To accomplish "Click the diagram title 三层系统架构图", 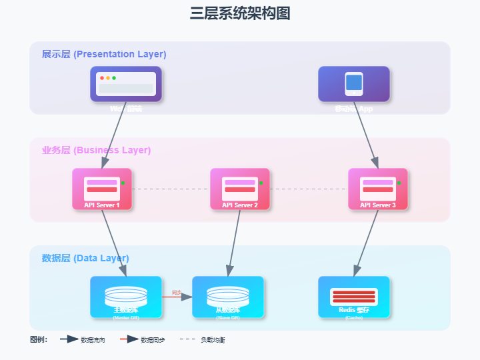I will point(240,13).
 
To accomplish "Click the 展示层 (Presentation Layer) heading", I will point(104,54).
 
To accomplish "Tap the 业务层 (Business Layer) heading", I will point(96,150).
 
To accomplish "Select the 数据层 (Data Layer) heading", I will point(85,258).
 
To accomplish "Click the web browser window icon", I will point(126,83).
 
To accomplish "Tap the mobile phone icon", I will point(354,83).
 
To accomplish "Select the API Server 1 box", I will point(102,189).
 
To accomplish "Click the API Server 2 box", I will point(240,189).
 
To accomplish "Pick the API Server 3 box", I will point(378,189).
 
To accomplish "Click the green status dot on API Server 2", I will point(261,183).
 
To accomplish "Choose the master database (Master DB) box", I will point(126,297).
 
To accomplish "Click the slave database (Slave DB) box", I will point(228,297).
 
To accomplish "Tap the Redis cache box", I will point(354,297).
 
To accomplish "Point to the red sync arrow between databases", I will point(177,297).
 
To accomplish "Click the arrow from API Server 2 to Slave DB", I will point(234,243).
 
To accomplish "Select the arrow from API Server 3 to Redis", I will point(366,243).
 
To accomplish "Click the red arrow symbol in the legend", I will point(128,339).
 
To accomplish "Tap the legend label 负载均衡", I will point(213,340).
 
